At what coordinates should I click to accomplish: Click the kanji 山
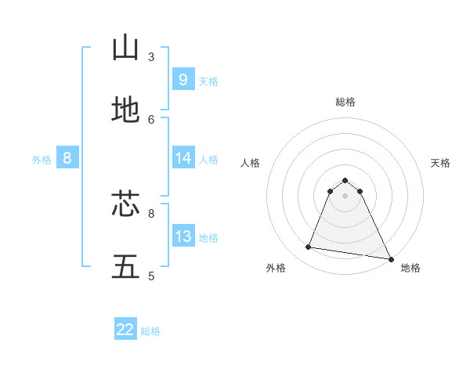125,48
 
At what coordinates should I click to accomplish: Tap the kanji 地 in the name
125,110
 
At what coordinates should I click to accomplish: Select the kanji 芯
125,204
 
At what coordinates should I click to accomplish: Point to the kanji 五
125,266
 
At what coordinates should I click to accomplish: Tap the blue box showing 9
183,79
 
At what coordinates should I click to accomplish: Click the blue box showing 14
183,158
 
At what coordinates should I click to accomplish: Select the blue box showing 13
183,236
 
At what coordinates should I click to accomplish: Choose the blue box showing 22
125,330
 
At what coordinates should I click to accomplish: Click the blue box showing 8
67,158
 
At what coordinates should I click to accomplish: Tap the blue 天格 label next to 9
208,81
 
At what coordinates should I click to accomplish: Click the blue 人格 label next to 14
208,160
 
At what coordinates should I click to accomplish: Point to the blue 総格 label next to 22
150,331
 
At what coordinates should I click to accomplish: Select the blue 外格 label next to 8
42,160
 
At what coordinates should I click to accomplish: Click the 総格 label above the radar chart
345,102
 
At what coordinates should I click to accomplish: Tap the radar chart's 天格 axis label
440,163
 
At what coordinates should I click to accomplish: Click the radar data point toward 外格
308,247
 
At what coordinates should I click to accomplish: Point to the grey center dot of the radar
345,195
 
